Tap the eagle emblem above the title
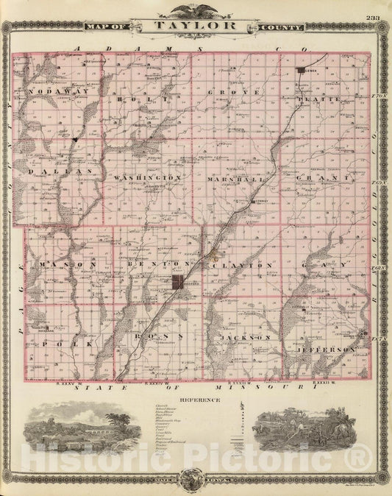[196, 10]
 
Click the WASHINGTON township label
[147, 178]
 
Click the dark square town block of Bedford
[179, 283]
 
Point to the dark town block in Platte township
[301, 71]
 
